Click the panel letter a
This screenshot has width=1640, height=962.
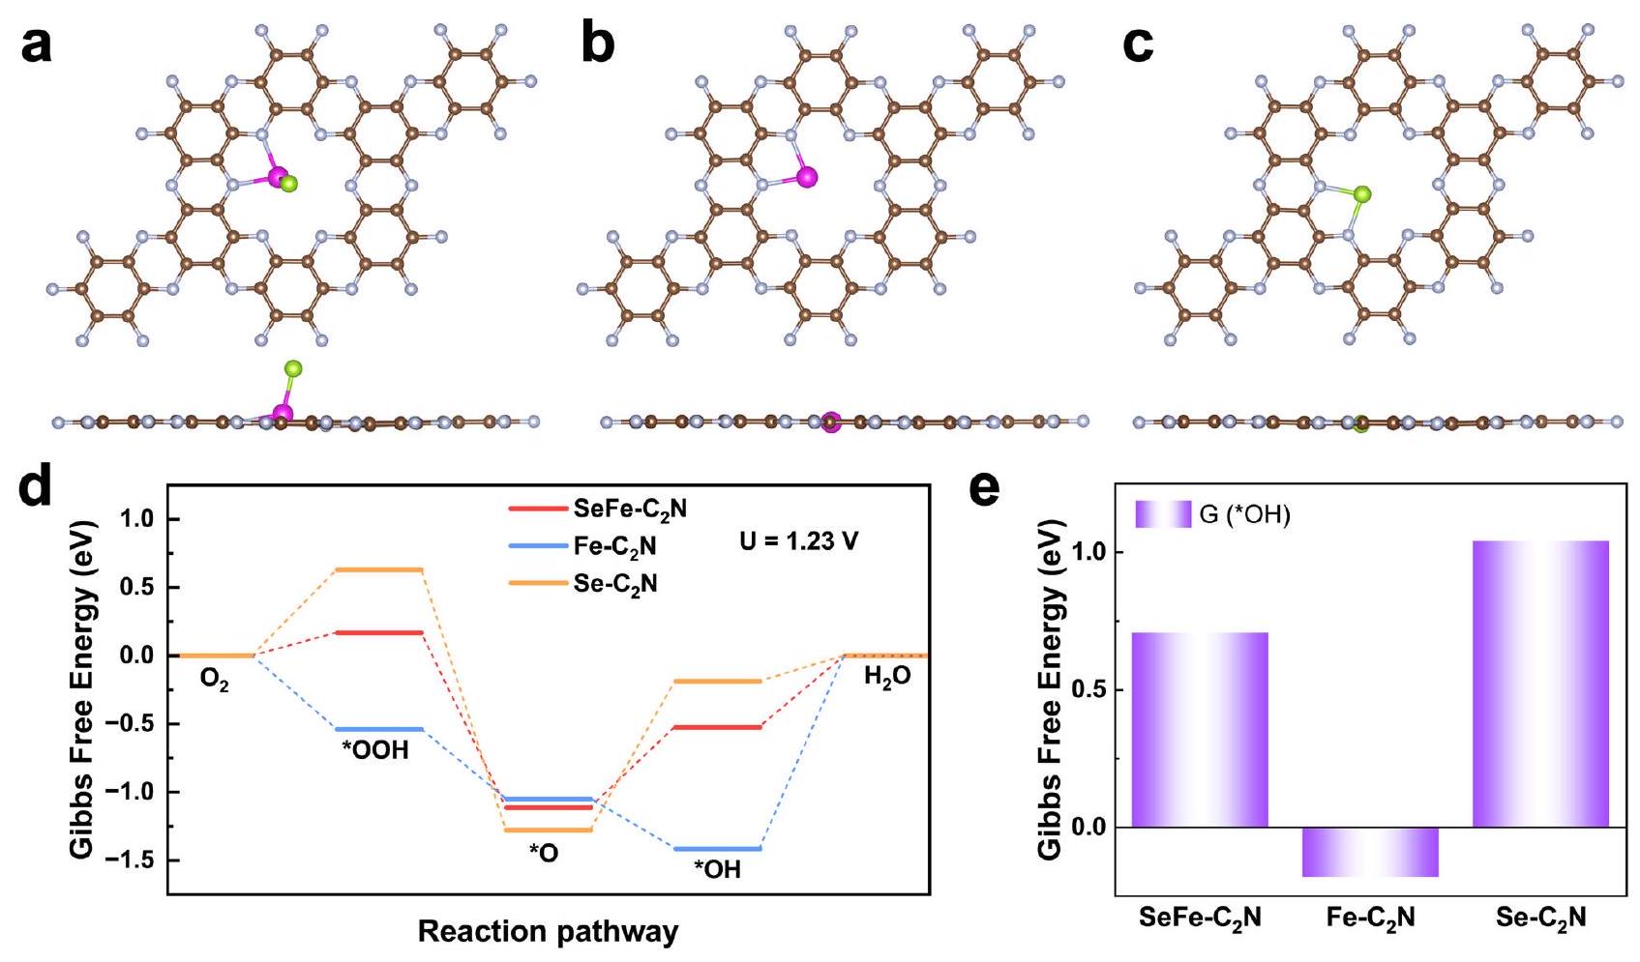click(37, 45)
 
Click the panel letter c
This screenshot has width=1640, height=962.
click(1139, 45)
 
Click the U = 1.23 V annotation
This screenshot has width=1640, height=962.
click(798, 541)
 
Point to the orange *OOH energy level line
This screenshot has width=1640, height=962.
click(378, 569)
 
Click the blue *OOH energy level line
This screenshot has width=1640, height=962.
click(378, 729)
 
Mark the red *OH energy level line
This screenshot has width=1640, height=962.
click(717, 726)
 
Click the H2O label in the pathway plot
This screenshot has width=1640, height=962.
click(886, 678)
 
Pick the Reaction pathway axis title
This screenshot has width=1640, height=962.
click(548, 932)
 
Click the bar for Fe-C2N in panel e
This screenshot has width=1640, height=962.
click(1370, 852)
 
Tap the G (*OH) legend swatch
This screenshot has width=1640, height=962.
click(1163, 514)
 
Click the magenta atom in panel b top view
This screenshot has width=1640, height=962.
click(807, 176)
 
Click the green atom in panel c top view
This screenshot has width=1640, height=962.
click(1361, 194)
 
